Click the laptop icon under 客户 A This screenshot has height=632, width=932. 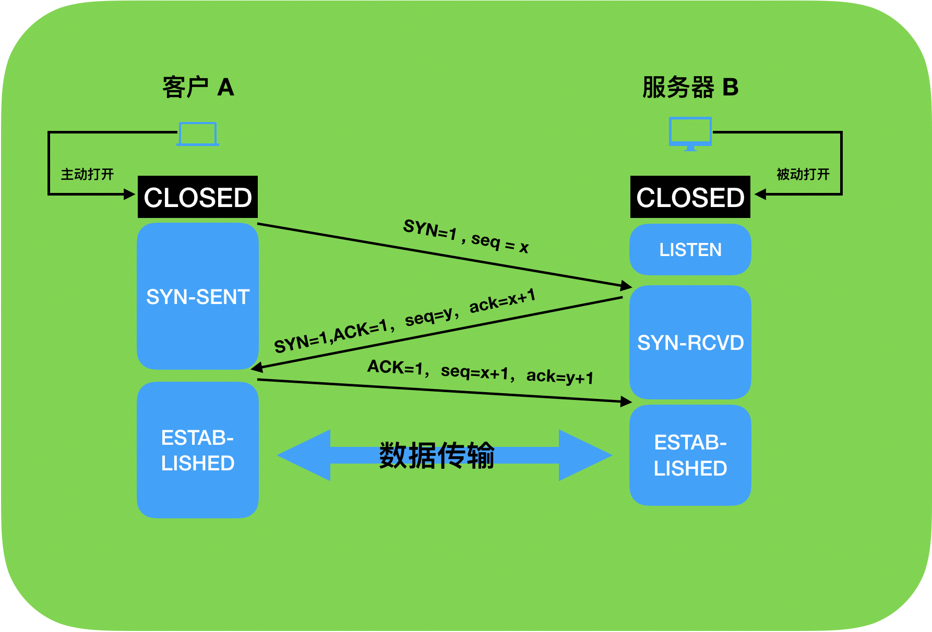point(197,134)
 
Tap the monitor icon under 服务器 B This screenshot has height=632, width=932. point(690,133)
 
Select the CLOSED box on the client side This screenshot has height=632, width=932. point(198,197)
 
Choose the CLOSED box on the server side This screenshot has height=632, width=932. point(690,197)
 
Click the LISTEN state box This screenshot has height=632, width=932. point(690,250)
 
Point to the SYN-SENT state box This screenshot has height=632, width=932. point(198,296)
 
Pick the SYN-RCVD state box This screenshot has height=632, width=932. point(690,343)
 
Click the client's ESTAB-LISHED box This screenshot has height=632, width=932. point(198,450)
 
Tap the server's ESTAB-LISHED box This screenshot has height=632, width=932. point(690,455)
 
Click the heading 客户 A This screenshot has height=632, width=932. point(198,87)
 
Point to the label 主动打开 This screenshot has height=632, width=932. point(87,174)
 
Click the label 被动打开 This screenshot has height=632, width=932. point(803,174)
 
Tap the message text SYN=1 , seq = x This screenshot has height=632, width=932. point(465,236)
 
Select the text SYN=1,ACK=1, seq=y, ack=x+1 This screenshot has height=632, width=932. point(405,320)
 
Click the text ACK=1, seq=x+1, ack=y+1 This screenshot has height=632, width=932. point(480,371)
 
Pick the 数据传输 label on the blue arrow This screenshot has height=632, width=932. point(437,455)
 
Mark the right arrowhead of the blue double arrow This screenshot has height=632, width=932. point(584,455)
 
